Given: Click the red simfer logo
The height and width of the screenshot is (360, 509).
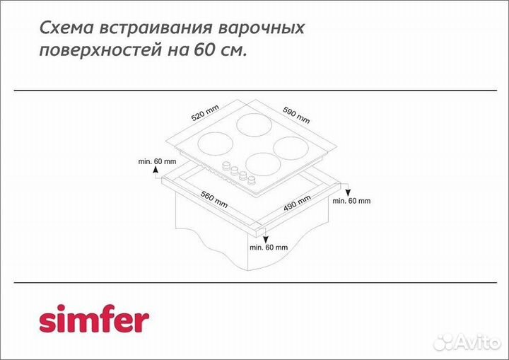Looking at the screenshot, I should pyautogui.click(x=93, y=320).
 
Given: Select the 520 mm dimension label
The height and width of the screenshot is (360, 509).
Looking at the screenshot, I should pyautogui.click(x=205, y=114).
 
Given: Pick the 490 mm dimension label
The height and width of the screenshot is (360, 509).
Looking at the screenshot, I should pyautogui.click(x=297, y=202).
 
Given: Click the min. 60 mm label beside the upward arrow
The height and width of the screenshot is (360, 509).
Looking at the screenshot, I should pyautogui.click(x=158, y=162).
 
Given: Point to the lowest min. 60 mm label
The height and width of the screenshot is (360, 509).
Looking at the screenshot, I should pyautogui.click(x=269, y=248).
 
